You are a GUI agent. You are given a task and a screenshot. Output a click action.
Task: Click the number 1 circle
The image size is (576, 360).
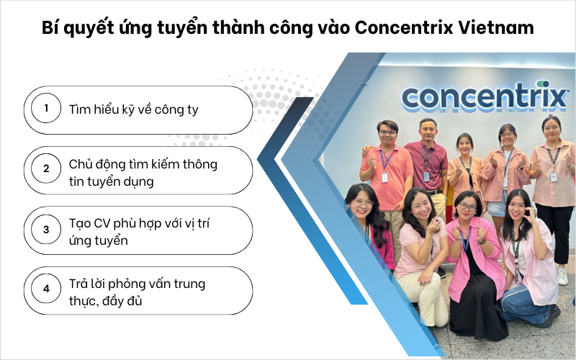[x=46, y=109]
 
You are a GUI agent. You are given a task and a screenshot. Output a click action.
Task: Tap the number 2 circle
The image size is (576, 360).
[x=46, y=169]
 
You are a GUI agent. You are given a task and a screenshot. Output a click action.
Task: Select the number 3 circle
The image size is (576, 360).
[x=46, y=230]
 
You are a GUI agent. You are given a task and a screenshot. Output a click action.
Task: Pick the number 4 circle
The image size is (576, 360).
[x=46, y=290]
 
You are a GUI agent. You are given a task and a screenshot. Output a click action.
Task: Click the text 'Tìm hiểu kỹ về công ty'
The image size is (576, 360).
[x=133, y=109]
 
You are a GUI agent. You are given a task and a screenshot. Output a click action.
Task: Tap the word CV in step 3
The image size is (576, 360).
[x=103, y=223]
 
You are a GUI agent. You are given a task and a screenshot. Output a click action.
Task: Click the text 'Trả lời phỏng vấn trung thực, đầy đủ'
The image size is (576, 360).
[x=137, y=292]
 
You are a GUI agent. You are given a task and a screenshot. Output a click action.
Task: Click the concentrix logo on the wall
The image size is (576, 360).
[x=484, y=96]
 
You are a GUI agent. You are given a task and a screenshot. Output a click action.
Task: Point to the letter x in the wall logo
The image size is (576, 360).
[x=556, y=95]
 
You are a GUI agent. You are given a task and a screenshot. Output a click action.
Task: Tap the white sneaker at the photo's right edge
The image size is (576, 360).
[x=562, y=276]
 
